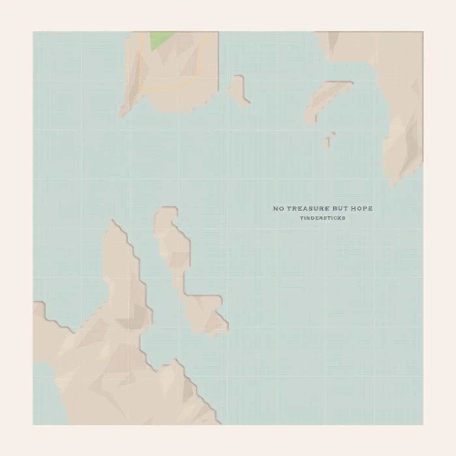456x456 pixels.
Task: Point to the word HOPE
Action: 362,208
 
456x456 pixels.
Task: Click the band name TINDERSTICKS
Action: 322,218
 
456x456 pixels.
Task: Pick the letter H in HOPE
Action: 354,208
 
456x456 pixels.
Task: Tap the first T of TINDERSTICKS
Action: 301,218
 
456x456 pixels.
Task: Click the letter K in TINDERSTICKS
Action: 339,218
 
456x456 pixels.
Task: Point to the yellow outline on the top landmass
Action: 140,65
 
